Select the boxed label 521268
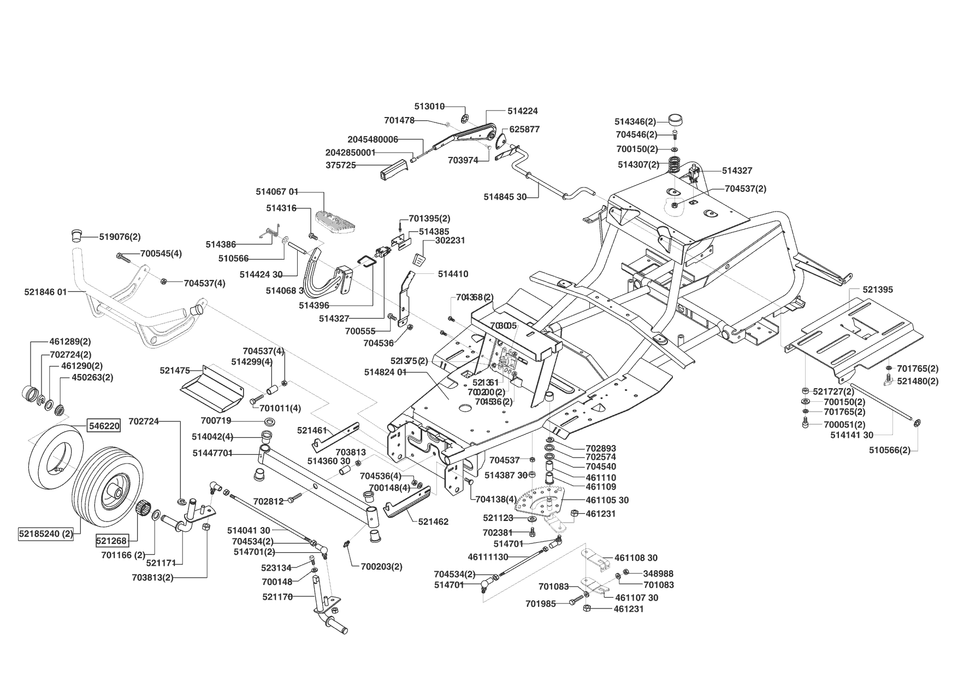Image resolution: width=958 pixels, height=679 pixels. (111, 541)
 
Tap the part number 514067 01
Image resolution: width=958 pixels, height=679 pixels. (277, 192)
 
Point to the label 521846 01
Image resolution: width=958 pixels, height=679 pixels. (45, 292)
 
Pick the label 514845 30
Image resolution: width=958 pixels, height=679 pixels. (505, 197)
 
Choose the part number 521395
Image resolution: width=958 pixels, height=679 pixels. (878, 289)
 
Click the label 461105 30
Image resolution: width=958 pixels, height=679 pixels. (607, 500)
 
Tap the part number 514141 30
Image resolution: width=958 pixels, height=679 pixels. (851, 435)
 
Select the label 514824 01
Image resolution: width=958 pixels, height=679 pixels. (385, 372)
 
